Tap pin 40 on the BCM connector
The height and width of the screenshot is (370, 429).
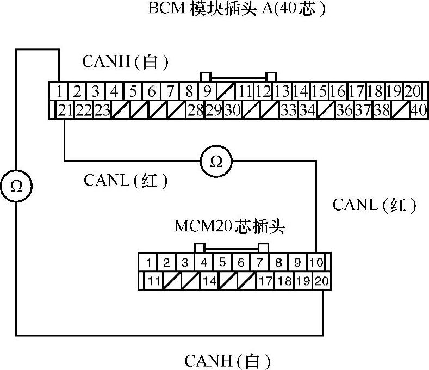click(418, 110)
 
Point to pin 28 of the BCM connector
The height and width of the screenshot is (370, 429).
click(195, 110)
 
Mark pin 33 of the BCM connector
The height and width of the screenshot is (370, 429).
click(288, 110)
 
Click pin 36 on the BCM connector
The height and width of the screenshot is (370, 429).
click(344, 110)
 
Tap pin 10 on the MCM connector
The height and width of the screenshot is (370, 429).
click(316, 262)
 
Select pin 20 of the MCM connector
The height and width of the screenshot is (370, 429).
click(322, 281)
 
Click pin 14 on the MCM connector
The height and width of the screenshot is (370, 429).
click(209, 281)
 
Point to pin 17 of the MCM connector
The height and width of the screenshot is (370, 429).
click(265, 281)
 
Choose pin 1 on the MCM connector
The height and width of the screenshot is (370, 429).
click(148, 262)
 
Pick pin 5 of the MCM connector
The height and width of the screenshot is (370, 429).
click(222, 262)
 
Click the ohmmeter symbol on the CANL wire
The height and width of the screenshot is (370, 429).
click(216, 162)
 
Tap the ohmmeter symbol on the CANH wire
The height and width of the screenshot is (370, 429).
click(16, 186)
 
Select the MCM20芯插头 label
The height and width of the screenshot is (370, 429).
click(229, 226)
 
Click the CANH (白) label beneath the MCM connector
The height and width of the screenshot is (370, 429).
click(227, 360)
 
